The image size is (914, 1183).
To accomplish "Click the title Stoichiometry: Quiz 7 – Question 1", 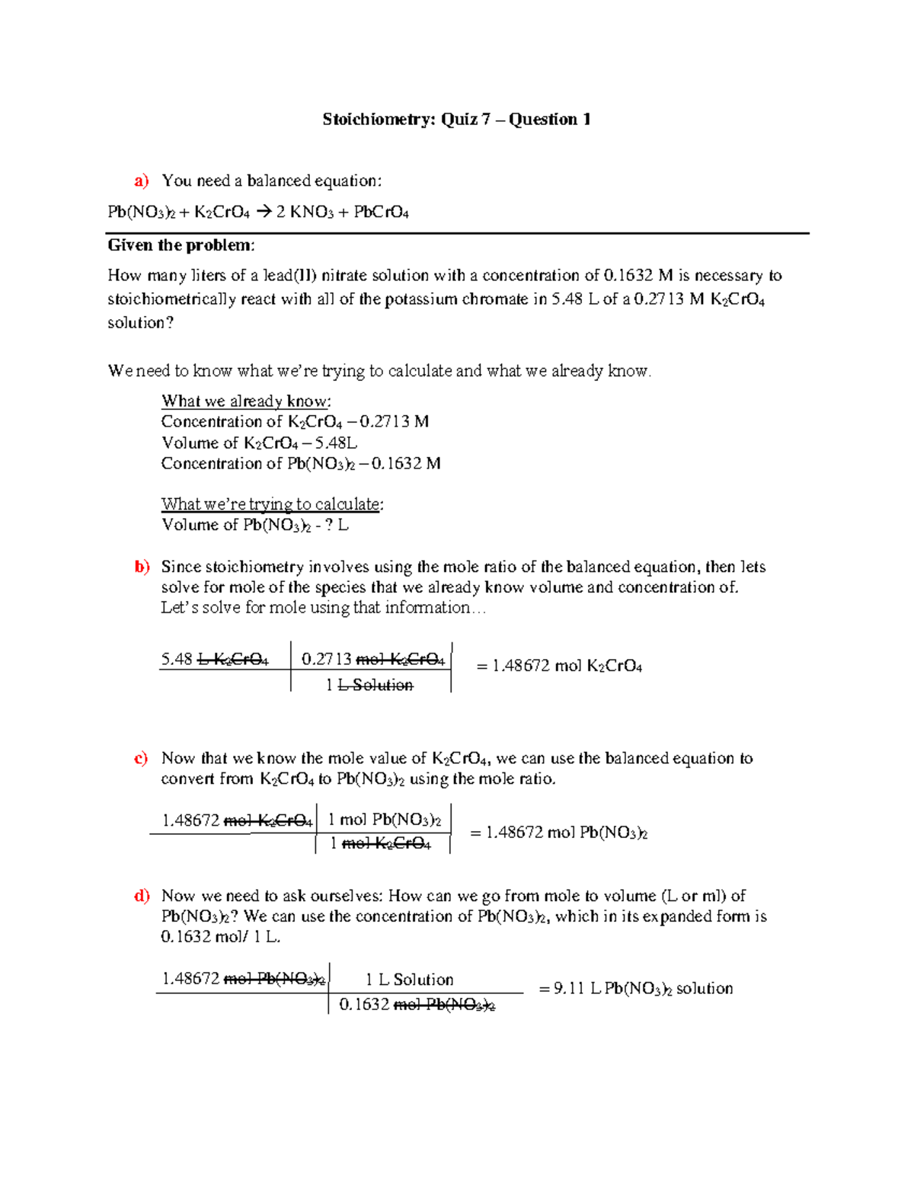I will pyautogui.click(x=456, y=119).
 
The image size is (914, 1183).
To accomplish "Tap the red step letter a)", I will pyautogui.click(x=142, y=181).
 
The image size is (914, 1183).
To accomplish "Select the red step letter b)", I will pyautogui.click(x=142, y=567).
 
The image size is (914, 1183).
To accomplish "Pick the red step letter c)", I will pyautogui.click(x=141, y=758).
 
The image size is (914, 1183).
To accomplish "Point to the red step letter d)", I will pyautogui.click(x=142, y=896).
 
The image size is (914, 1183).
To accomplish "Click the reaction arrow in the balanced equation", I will pyautogui.click(x=264, y=212).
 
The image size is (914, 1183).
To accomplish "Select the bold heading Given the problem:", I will pyautogui.click(x=181, y=245).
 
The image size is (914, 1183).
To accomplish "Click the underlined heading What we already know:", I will pyautogui.click(x=246, y=401).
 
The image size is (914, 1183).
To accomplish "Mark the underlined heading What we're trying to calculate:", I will pyautogui.click(x=272, y=504).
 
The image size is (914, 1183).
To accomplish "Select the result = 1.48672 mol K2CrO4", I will pyautogui.click(x=559, y=666).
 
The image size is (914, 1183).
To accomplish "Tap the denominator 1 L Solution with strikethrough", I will pyautogui.click(x=369, y=685).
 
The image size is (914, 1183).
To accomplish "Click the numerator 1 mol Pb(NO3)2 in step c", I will pyautogui.click(x=384, y=820).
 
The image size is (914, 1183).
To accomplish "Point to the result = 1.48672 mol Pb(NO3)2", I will pyautogui.click(x=558, y=833).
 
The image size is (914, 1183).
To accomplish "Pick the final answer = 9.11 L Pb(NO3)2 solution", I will pyautogui.click(x=635, y=989).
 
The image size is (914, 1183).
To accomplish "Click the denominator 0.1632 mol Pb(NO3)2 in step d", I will pyautogui.click(x=417, y=1005).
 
